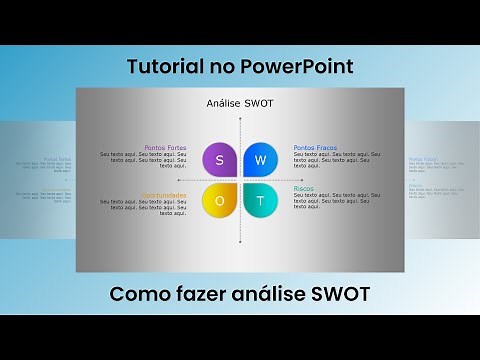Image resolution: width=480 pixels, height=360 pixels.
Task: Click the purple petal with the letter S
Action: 219,159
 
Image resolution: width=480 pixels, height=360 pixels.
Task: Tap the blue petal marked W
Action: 260,159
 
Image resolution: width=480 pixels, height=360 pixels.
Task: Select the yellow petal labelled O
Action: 219,200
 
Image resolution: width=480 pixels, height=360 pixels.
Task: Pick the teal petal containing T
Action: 260,200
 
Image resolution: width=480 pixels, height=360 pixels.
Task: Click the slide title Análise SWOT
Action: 239,103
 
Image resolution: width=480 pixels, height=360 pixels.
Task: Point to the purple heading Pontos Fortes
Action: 165,147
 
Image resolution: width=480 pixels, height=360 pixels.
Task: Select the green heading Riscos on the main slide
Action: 304,188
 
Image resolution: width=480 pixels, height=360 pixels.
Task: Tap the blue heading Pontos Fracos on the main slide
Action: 315,147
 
